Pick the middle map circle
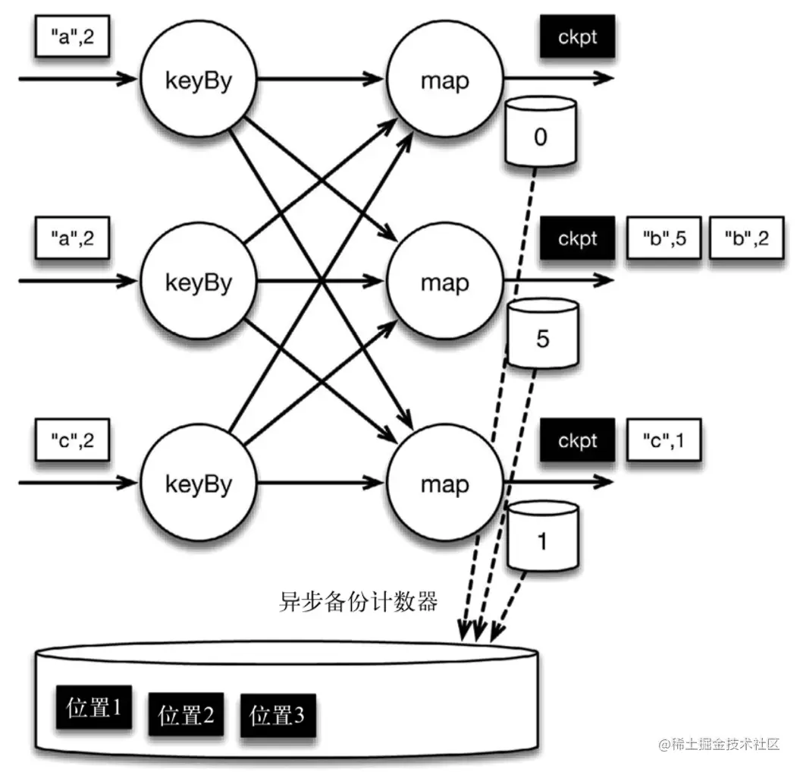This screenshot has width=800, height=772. [444, 282]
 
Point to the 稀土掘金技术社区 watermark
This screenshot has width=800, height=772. [720, 743]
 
